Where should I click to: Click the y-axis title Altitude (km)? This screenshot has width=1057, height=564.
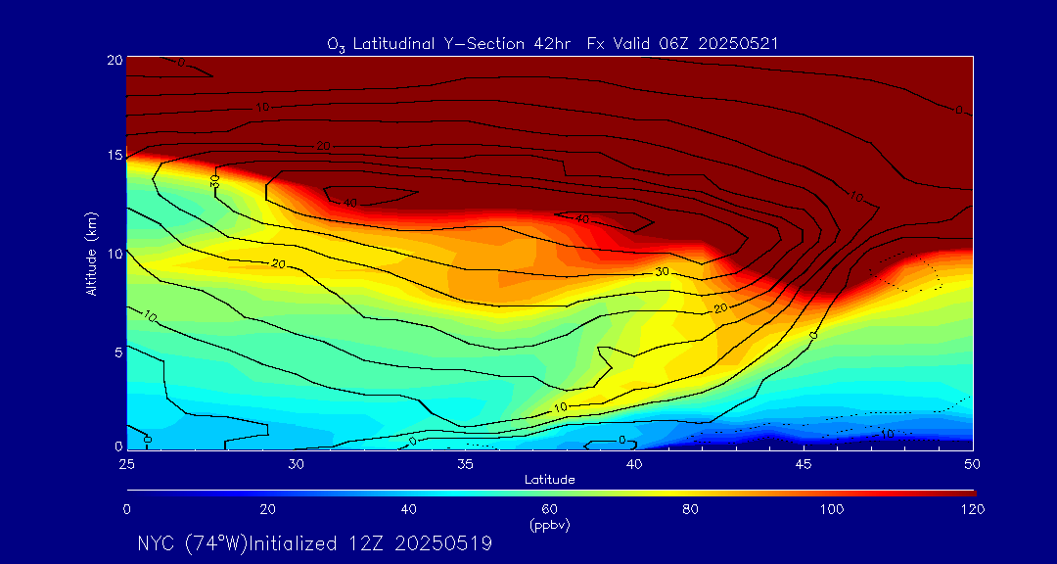coord(91,253)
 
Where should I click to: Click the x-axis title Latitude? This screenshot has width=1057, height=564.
coord(549,479)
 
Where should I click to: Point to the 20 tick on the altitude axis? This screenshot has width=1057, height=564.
coord(114,60)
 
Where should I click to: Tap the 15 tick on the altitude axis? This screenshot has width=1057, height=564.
coord(114,156)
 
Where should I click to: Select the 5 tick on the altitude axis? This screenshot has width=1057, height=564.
coord(116,351)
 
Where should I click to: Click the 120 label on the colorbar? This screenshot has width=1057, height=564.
coord(973,509)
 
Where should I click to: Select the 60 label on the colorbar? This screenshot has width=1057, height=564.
coord(550,509)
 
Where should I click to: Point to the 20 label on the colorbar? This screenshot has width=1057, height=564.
coord(267,509)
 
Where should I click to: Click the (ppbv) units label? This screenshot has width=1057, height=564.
coord(549,525)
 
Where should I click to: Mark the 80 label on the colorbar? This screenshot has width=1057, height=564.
coord(691,509)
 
